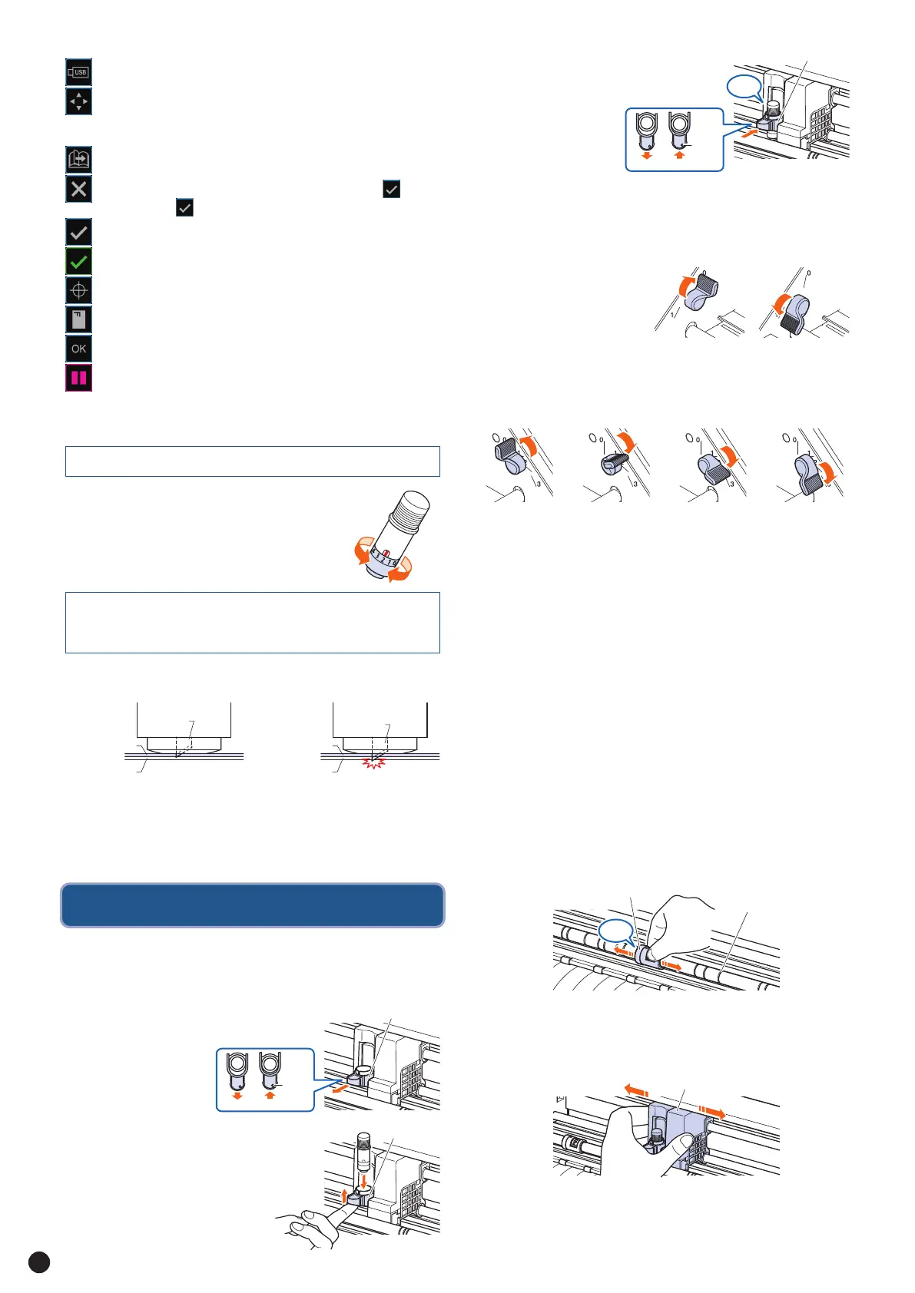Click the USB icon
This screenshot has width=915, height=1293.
pos(78,72)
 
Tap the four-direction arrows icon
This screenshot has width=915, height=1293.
pos(78,101)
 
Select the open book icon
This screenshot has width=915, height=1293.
pos(78,160)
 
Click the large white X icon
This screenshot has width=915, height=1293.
pos(78,189)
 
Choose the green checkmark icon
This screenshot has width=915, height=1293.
pos(78,262)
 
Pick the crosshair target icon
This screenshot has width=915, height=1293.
pos(78,291)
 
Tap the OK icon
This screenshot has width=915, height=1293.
pos(78,349)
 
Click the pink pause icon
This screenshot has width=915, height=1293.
pos(78,378)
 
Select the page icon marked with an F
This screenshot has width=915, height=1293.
pos(78,319)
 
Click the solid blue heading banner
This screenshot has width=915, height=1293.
pos(252,905)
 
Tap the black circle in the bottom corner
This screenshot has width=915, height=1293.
pos(38,1262)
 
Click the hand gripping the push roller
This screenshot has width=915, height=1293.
pos(676,921)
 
